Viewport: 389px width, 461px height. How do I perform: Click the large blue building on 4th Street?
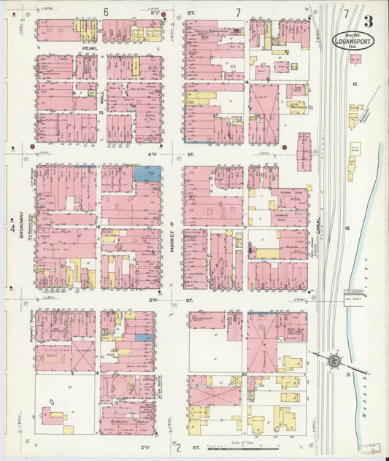click(147, 174)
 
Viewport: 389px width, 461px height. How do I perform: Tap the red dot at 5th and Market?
click(164, 14)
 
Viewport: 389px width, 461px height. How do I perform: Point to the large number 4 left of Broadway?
click(12, 228)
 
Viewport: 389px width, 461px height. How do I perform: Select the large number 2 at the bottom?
click(177, 448)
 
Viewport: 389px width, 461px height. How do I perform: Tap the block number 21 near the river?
click(348, 374)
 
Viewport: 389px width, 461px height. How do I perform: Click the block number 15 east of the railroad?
click(355, 85)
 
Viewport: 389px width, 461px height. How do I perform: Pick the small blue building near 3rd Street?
click(145, 337)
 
